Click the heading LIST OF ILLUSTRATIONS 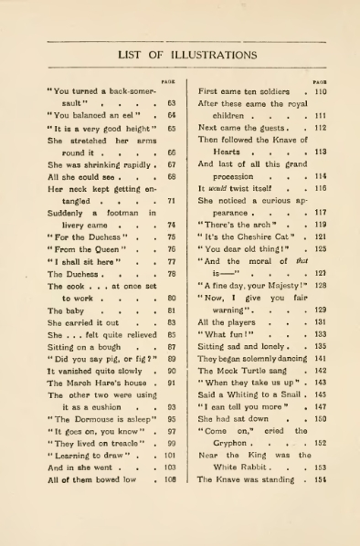[x=179, y=55]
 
